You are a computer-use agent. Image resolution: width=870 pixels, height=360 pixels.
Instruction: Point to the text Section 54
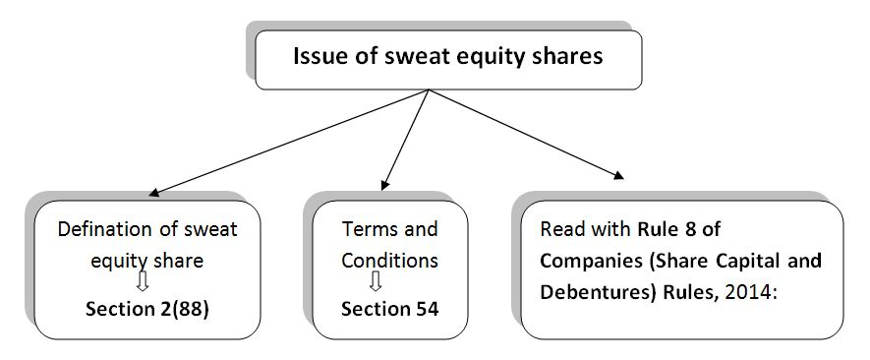tap(389, 309)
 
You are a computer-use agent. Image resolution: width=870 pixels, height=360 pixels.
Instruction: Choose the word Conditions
tap(389, 262)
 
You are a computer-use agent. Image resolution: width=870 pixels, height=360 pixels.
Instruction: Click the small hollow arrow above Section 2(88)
tap(144, 284)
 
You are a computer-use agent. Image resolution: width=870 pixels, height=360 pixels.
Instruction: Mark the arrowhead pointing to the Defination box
tap(153, 192)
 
